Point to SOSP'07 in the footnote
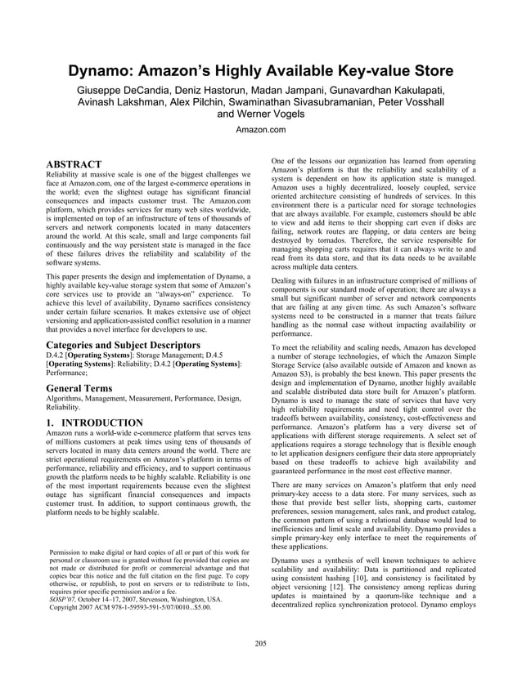pyautogui.click(x=65, y=599)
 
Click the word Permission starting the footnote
pyautogui.click(x=70, y=553)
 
